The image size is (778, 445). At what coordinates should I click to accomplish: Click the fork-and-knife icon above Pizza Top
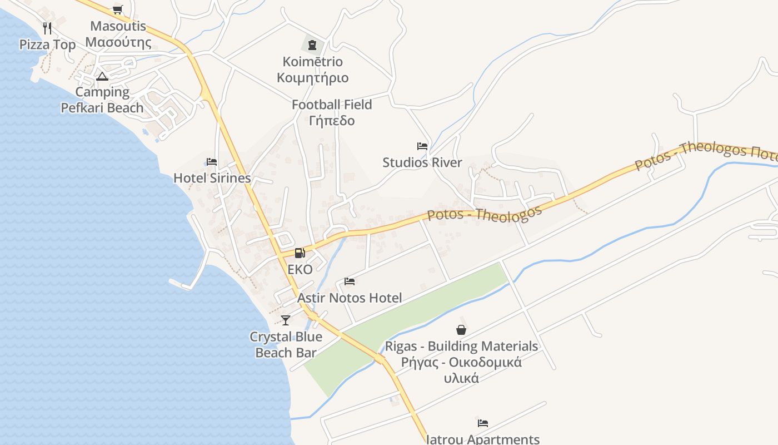coord(47,28)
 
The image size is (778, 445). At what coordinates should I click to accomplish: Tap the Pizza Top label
coord(47,44)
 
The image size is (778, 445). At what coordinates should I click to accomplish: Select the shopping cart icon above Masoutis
coord(117,9)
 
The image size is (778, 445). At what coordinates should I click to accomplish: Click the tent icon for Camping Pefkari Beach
coord(101,76)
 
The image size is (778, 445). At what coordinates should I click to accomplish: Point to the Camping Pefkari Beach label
coord(102,100)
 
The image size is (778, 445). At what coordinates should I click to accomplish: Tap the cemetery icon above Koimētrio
coord(312,44)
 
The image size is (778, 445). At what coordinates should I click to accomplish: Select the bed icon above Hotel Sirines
coord(212,162)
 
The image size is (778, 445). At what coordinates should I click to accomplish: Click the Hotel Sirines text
coord(212,178)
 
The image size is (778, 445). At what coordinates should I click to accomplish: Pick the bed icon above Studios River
coord(422,146)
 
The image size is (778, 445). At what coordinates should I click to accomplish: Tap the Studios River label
coord(422,162)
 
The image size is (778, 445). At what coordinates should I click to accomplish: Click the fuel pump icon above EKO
coord(300,253)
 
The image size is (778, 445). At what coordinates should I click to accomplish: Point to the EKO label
coord(300,269)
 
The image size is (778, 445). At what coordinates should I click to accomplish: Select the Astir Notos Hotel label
coord(349,298)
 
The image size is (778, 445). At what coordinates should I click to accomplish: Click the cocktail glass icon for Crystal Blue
coord(286,320)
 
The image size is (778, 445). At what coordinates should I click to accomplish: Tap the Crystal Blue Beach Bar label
coord(286,344)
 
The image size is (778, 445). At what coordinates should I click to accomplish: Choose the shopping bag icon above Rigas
coord(461,330)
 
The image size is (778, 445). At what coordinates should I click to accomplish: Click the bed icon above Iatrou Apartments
coord(483,423)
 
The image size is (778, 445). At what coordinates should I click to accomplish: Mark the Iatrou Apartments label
coord(482,439)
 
